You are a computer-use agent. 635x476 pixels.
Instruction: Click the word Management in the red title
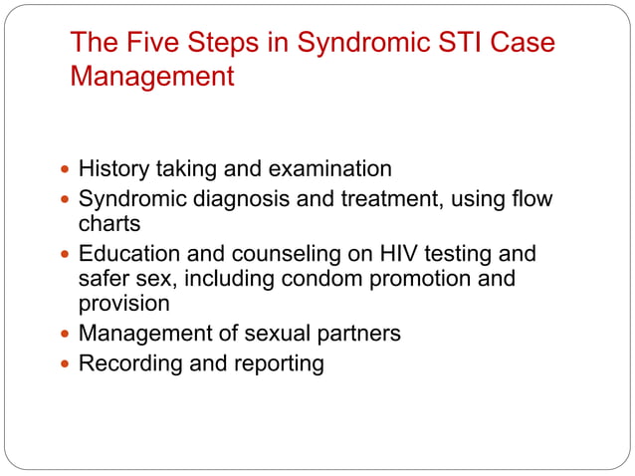152,76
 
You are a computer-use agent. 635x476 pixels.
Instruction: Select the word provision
124,304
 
